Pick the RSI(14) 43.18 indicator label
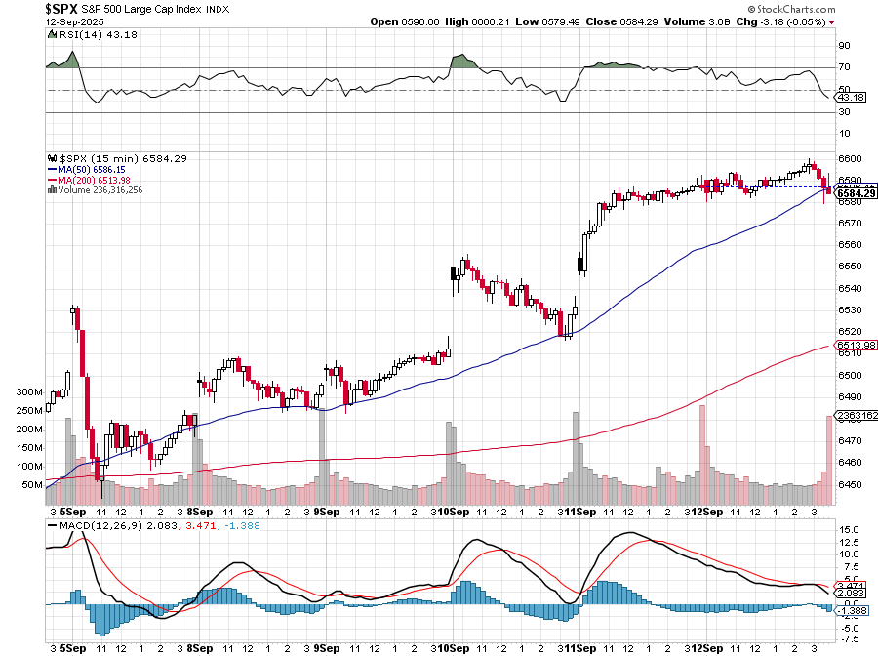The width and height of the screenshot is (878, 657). pyautogui.click(x=81, y=35)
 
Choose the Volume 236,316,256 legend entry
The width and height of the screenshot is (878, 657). pyautogui.click(x=100, y=189)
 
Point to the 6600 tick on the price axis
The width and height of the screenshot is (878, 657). pyautogui.click(x=849, y=159)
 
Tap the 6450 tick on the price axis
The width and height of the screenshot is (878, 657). pyautogui.click(x=849, y=484)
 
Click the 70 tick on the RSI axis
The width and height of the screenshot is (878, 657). pyautogui.click(x=844, y=67)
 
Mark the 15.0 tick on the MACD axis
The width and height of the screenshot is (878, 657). pyautogui.click(x=849, y=530)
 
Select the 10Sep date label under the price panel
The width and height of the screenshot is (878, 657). pyautogui.click(x=454, y=512)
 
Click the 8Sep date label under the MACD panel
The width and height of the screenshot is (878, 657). pyautogui.click(x=200, y=647)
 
